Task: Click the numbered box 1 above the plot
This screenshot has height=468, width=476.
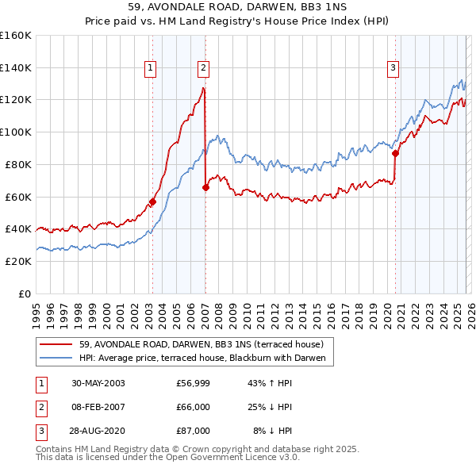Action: [x=151, y=69]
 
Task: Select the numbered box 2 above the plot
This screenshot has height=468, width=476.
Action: [x=204, y=69]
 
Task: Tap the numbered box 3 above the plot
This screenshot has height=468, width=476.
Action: [x=393, y=69]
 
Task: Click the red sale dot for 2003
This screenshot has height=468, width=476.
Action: [x=153, y=201]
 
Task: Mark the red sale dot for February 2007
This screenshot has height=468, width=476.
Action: [x=205, y=187]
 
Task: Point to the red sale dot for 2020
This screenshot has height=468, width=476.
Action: [x=395, y=153]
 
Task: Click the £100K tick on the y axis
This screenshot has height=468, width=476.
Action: [x=16, y=132]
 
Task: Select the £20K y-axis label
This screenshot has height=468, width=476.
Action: [x=17, y=261]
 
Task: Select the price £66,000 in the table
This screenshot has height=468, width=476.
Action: [x=193, y=407]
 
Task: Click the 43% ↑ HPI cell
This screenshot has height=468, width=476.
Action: [x=272, y=383]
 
